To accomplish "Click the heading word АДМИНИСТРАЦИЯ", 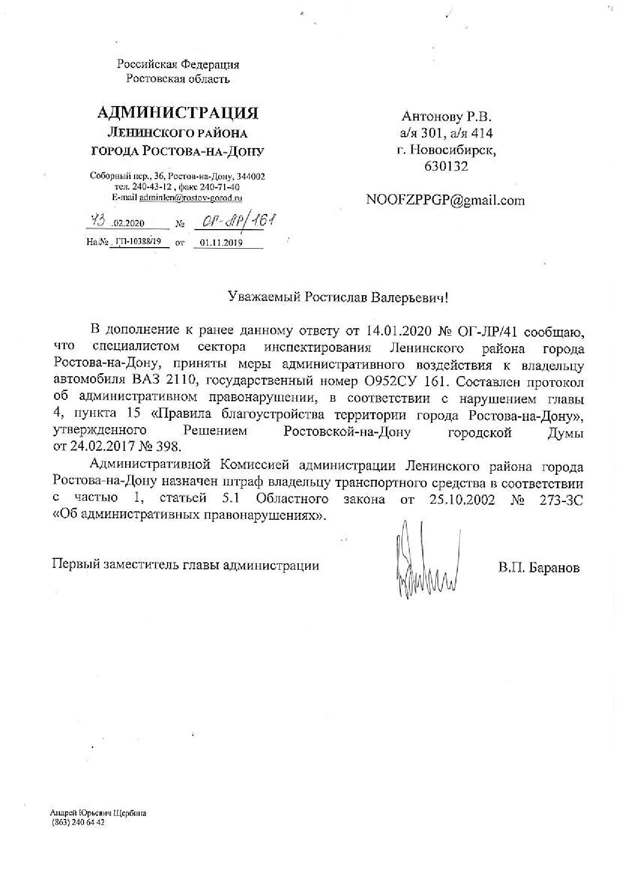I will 178,113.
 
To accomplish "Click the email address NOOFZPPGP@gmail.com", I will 445,201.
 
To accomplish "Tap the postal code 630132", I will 446,167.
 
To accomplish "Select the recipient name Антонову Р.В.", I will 446,117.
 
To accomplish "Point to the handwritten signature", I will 426,560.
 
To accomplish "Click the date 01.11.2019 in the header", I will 221,243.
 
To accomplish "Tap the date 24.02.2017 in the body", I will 107,446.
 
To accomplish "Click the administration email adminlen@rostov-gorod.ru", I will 191,198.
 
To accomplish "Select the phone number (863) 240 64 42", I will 78,823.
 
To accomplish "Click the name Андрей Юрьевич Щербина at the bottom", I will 98,813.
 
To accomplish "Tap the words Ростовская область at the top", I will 178,79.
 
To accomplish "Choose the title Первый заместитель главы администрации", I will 186,566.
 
